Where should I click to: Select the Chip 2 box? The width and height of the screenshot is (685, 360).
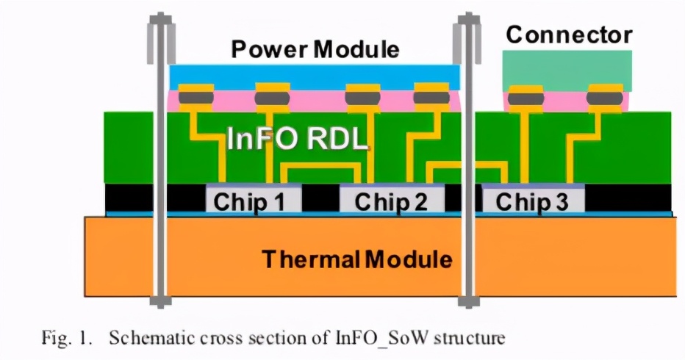[x=391, y=201]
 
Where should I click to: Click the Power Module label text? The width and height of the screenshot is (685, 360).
[x=315, y=50]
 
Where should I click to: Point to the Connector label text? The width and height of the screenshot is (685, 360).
[x=569, y=35]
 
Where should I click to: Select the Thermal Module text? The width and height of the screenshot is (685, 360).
[x=356, y=259]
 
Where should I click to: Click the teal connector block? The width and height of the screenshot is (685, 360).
[x=567, y=71]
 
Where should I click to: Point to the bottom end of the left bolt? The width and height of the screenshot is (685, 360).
[x=158, y=300]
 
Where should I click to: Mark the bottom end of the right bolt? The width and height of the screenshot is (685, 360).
[x=466, y=300]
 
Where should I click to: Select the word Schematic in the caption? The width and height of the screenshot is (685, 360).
[x=144, y=339]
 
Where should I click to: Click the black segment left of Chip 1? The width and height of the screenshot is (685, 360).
[x=153, y=197]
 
